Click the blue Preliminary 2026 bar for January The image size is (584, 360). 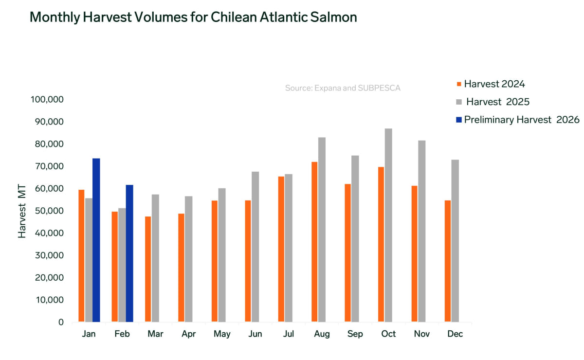(96, 240)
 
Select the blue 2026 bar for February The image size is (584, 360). (129, 253)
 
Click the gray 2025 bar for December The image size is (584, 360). (455, 241)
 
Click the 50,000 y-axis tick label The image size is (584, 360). (49, 211)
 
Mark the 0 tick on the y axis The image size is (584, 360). (61, 322)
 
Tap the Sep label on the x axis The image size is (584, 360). (355, 334)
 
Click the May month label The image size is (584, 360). (221, 334)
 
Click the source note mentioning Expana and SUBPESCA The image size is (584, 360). (343, 89)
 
